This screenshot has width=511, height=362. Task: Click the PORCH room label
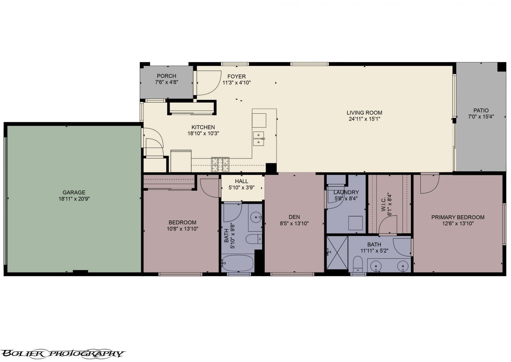[x=166, y=76]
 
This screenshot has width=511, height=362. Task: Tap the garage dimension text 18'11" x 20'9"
[x=74, y=198]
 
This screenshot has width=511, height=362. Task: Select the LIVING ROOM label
[x=364, y=112]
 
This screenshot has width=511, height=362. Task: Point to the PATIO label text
[x=481, y=111]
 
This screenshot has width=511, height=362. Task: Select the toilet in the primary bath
[x=358, y=264]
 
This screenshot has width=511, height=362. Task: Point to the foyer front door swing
[x=208, y=82]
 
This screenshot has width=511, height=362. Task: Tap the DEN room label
[x=294, y=217]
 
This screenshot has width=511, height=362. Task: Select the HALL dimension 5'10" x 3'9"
[x=241, y=188]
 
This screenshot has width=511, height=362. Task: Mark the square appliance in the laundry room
[x=355, y=223]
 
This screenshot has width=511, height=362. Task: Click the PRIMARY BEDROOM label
[x=458, y=217]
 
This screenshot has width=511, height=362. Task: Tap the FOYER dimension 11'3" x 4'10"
[x=237, y=82]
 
